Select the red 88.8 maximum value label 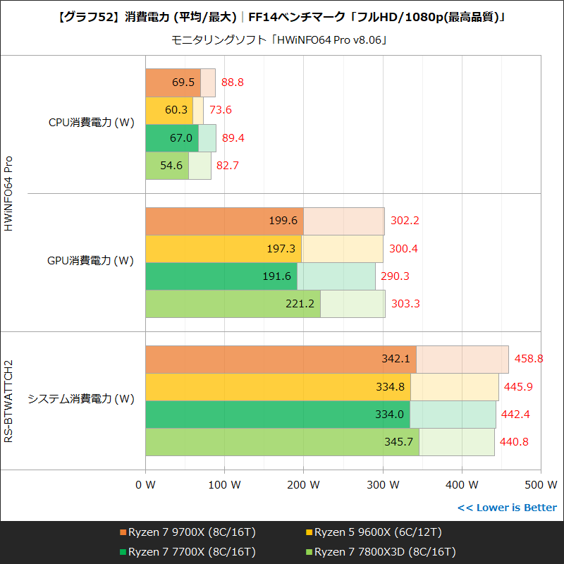tap(232, 82)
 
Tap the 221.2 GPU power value tap(301, 304)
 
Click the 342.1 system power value tap(396, 359)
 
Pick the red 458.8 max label tap(529, 359)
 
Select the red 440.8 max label tap(514, 442)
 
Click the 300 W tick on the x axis tap(383, 485)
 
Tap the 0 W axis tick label tap(145, 485)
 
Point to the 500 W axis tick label tap(541, 485)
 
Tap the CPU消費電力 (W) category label tap(91, 123)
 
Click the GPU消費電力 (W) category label tap(90, 261)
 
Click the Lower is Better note tap(507, 508)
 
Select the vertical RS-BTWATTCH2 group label tap(9, 400)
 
